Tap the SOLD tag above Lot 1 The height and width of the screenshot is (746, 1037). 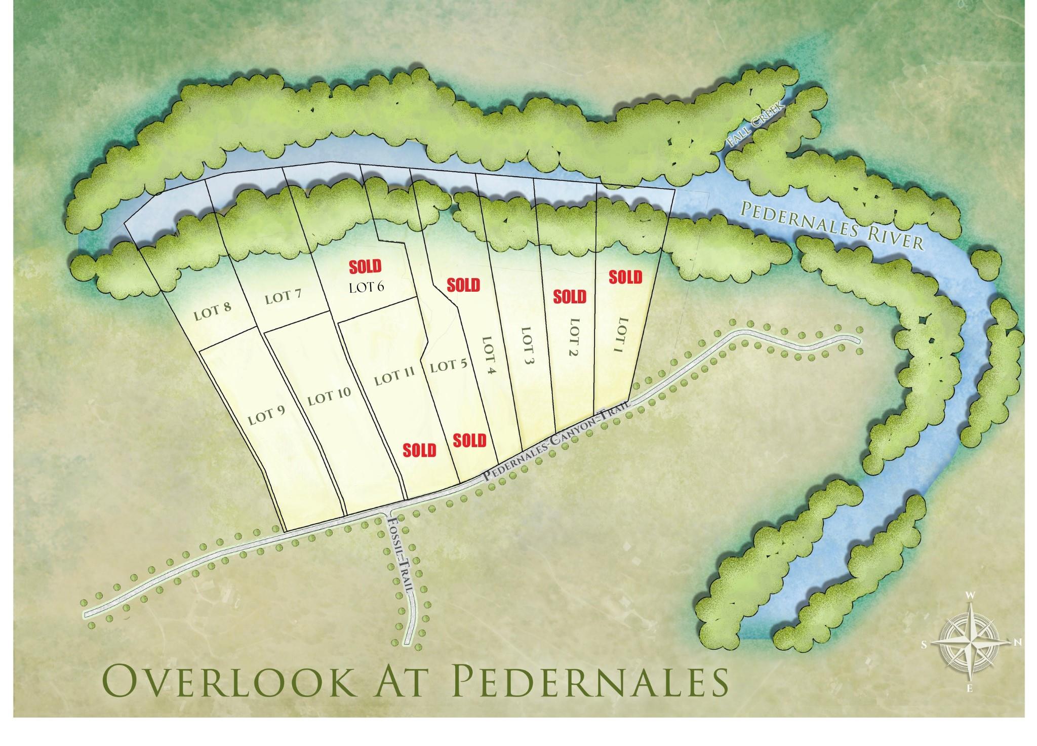(x=625, y=277)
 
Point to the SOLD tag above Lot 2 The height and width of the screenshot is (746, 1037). (x=570, y=296)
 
